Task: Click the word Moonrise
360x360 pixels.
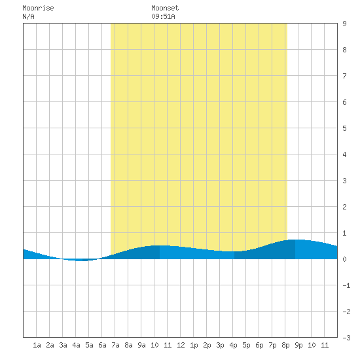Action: click(x=38, y=8)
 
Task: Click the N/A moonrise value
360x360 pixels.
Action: click(x=28, y=16)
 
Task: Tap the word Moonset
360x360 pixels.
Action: click(x=165, y=8)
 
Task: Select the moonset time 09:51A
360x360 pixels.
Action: click(x=163, y=16)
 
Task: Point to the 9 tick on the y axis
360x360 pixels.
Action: click(x=344, y=24)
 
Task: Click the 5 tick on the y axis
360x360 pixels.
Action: click(x=344, y=128)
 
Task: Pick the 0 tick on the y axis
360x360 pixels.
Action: click(x=344, y=259)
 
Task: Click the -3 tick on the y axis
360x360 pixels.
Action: click(x=346, y=338)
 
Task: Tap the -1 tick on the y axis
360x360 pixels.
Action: click(x=346, y=285)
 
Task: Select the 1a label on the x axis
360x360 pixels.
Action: click(x=37, y=345)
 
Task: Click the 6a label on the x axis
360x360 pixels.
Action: click(x=102, y=345)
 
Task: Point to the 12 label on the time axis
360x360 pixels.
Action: click(x=181, y=345)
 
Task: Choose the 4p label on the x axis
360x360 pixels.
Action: click(x=233, y=345)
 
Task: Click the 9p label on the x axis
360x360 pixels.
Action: click(x=298, y=345)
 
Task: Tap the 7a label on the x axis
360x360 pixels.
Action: click(x=115, y=345)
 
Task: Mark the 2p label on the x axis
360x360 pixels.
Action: click(x=207, y=345)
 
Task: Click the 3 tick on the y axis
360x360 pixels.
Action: click(x=344, y=181)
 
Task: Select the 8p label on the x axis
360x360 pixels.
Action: click(x=285, y=345)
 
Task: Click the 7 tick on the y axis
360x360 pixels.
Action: click(x=344, y=76)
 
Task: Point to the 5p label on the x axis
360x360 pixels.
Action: click(x=246, y=345)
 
